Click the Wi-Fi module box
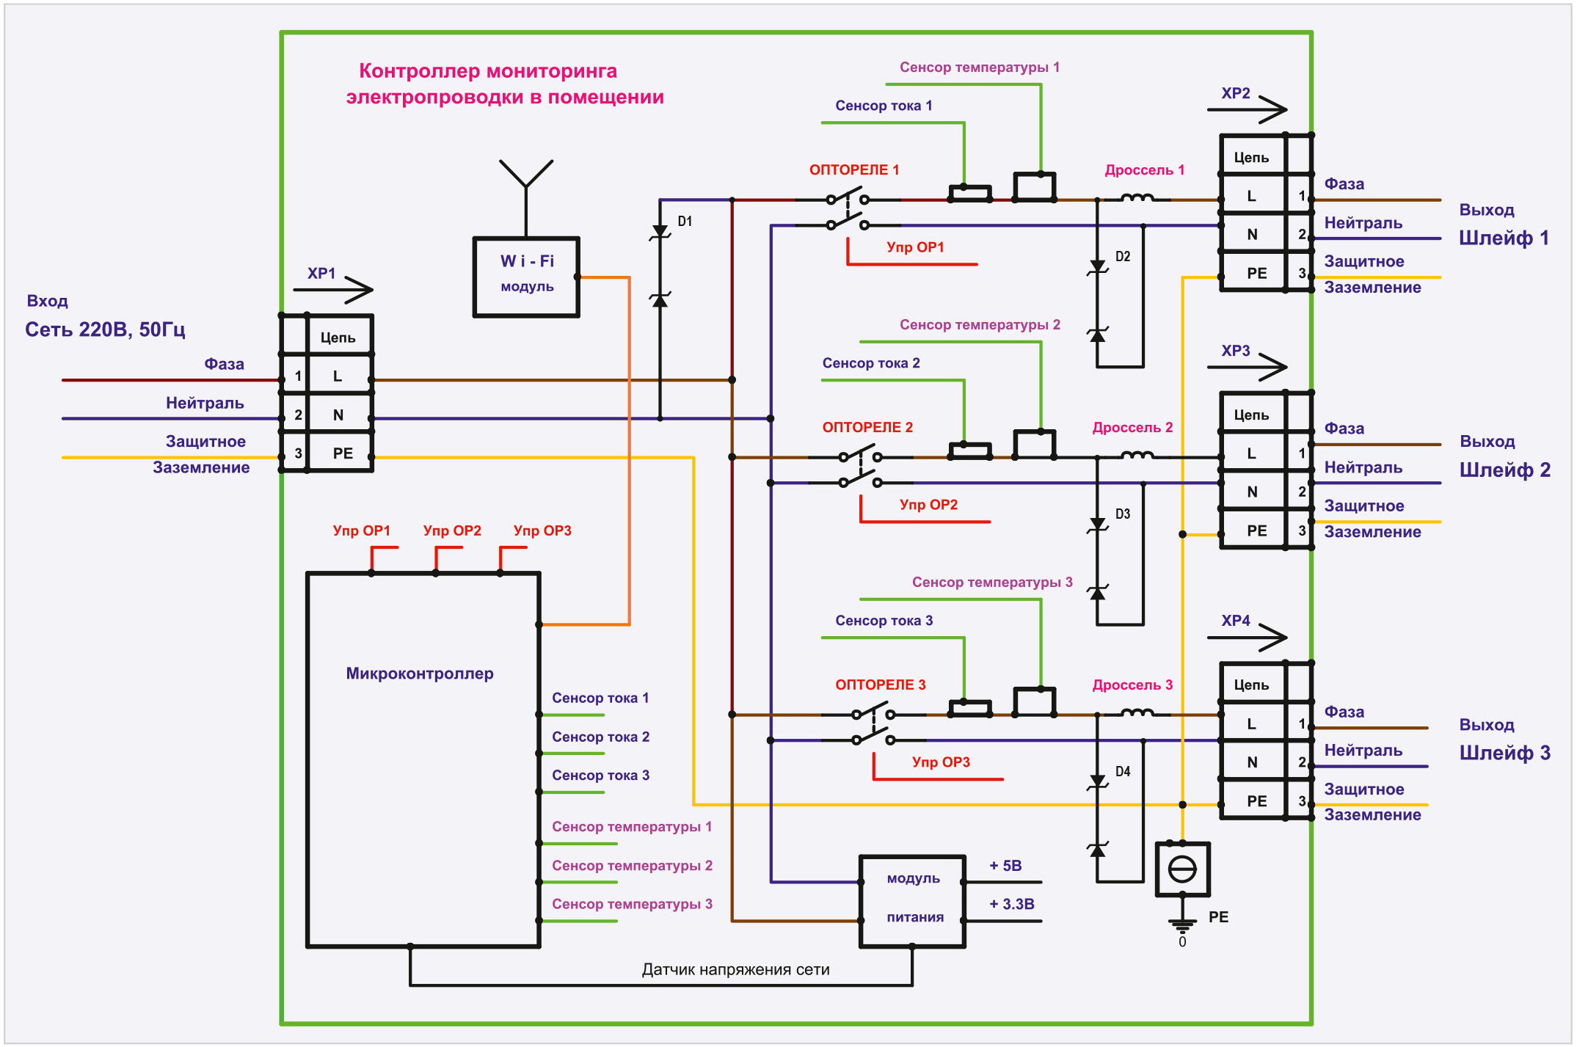[526, 277]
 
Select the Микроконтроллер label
[420, 674]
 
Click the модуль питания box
[912, 901]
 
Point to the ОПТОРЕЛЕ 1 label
[854, 170]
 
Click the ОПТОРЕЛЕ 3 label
[881, 685]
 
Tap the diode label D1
[685, 222]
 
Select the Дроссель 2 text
[1132, 428]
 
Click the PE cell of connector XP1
[343, 453]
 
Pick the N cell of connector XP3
[1252, 492]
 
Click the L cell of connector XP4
[1252, 724]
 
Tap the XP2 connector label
[1236, 94]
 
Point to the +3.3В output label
[1012, 905]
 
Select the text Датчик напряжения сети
[735, 970]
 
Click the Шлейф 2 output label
[1505, 470]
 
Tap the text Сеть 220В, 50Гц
[105, 329]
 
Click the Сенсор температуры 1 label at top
[980, 68]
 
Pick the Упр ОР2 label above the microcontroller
[452, 530]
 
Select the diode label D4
[1123, 772]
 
